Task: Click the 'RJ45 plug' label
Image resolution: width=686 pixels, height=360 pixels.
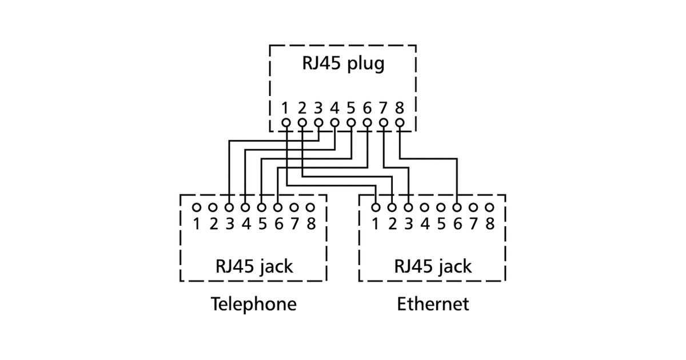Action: point(343,63)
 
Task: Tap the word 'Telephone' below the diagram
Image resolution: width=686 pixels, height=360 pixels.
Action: point(254,303)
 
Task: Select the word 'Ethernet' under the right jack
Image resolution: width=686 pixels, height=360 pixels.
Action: point(433,303)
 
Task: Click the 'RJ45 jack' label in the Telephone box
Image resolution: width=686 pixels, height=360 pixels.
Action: point(254,266)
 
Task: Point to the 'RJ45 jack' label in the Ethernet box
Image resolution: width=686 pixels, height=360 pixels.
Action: point(433,266)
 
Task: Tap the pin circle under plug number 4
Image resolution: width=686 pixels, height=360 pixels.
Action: point(334,122)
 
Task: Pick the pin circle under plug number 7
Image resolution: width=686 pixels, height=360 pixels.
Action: point(384,122)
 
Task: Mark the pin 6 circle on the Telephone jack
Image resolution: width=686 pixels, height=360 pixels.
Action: point(278,207)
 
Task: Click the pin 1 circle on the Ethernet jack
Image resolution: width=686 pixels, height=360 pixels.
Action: point(376,207)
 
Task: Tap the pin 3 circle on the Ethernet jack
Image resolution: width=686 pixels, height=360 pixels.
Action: point(408,207)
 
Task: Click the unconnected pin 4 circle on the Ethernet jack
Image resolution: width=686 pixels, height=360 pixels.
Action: point(425,207)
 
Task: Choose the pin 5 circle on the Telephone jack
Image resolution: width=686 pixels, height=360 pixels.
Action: point(262,207)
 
